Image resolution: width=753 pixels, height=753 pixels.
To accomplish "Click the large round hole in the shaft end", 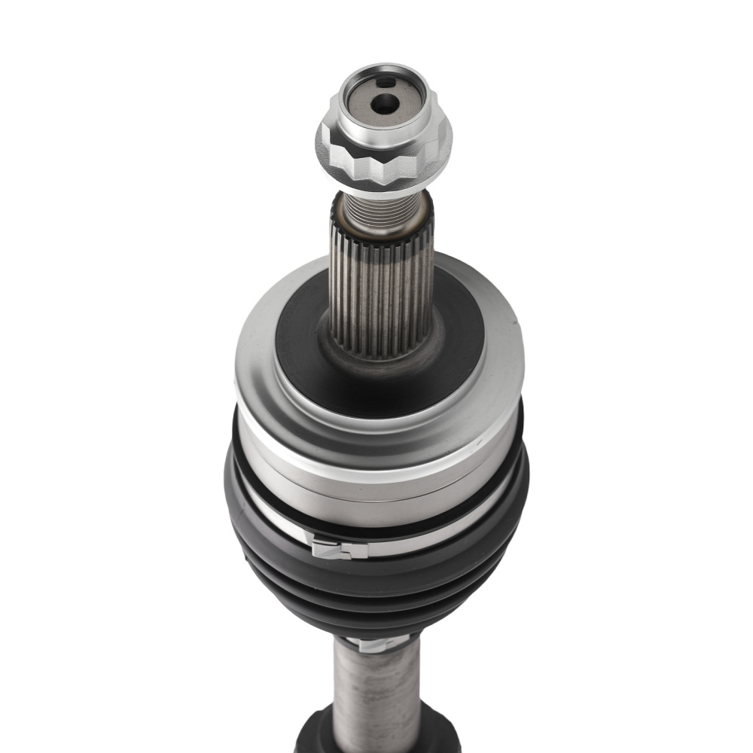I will pos(384,104).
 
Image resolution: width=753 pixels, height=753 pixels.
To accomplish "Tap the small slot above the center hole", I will pos(385,81).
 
